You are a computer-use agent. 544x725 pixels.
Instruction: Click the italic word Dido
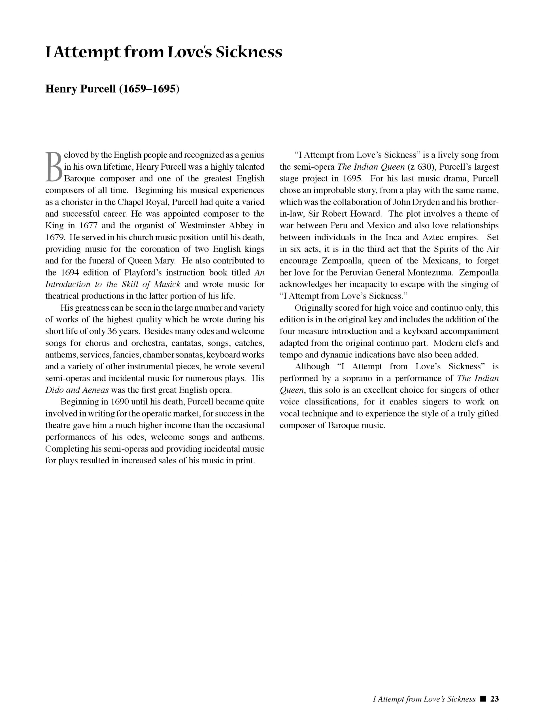tap(53, 390)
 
